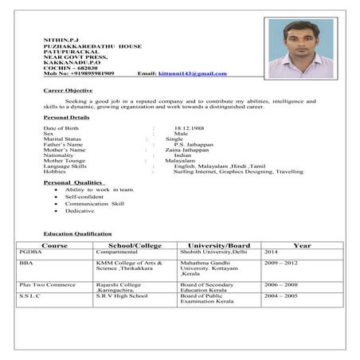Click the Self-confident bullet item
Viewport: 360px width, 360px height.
(85, 197)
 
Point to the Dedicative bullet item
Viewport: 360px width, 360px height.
(80, 210)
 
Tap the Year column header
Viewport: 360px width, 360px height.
(302, 245)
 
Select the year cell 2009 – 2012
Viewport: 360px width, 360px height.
(281, 262)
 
